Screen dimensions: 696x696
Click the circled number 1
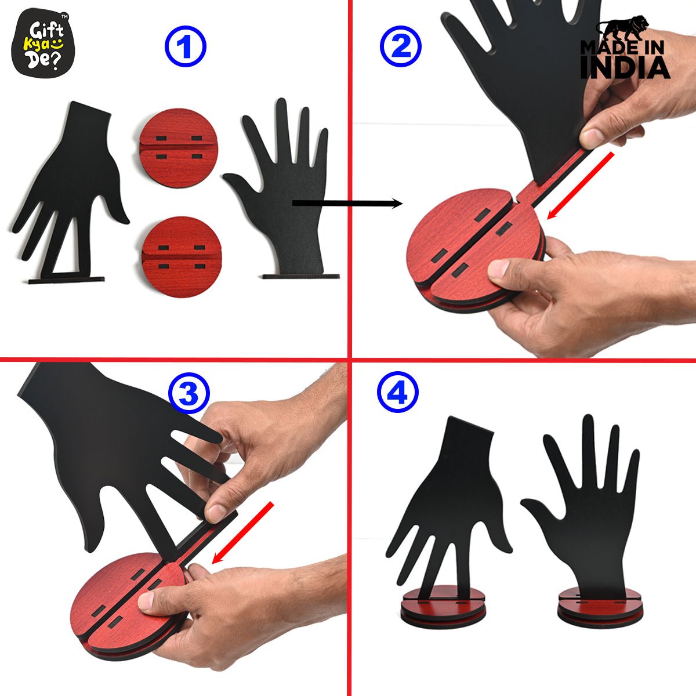(x=185, y=46)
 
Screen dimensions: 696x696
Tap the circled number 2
(x=401, y=46)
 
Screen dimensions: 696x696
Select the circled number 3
(x=189, y=393)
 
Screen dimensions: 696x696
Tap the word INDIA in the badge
(x=625, y=67)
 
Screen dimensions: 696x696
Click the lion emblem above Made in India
(x=623, y=28)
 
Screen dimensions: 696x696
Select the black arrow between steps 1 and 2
(x=347, y=204)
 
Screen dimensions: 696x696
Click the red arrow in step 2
(x=581, y=186)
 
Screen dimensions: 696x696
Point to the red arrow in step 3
(x=242, y=532)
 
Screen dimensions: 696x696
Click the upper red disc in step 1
(x=179, y=148)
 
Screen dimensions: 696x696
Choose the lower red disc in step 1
(x=182, y=257)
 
